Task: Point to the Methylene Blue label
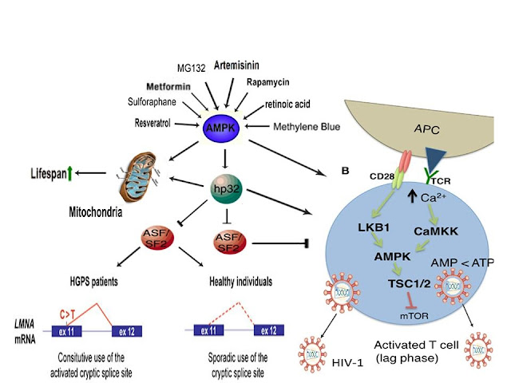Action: pos(306,127)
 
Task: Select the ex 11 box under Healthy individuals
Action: pos(208,329)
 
